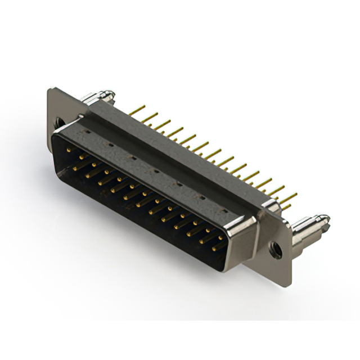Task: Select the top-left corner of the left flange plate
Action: [51, 90]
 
